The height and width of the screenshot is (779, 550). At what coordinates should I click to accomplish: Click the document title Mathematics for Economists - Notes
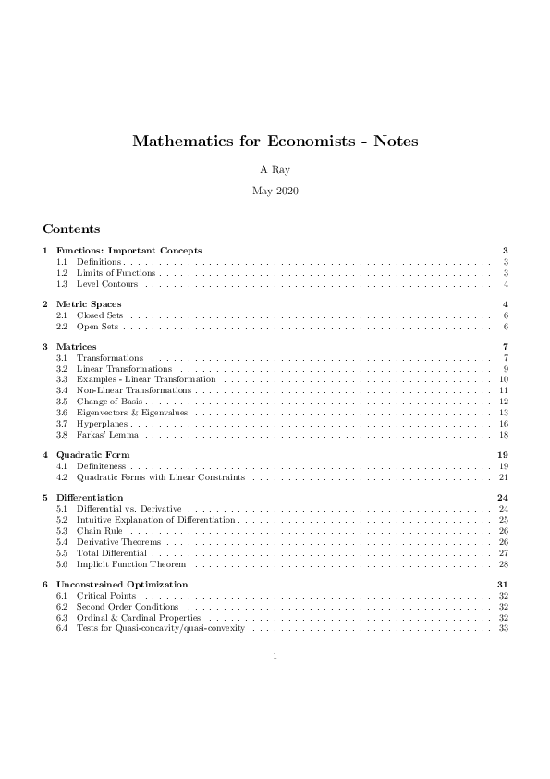coord(275,142)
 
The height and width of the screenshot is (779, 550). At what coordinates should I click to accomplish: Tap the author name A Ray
coord(275,170)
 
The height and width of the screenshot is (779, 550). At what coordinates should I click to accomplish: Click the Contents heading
coord(71,229)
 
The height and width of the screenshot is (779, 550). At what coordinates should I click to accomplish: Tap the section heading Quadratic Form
coord(92,455)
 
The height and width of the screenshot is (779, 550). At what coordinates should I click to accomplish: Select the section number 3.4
coord(62,390)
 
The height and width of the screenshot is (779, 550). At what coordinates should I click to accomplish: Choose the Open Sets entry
coord(97,327)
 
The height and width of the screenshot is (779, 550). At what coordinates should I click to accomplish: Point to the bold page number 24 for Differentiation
coord(504,498)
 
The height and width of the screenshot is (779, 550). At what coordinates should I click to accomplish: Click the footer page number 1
coord(275,658)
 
